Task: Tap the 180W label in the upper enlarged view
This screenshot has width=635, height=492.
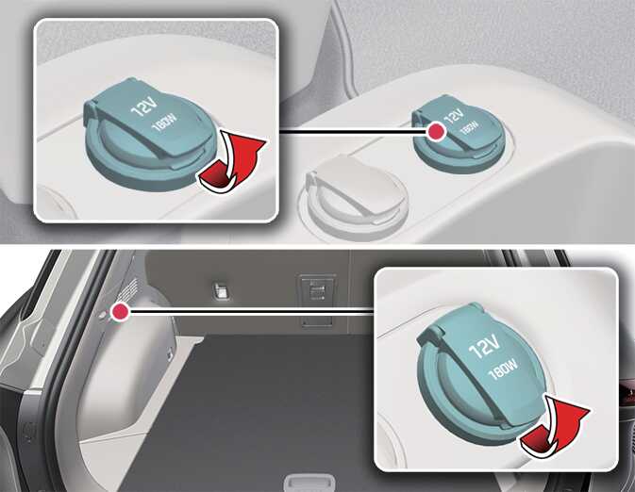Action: pos(166,122)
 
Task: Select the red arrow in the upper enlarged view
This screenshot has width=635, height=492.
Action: pos(232,163)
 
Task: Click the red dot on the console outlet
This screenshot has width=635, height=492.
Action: pos(436,132)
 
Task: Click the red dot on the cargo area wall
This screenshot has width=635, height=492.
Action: pos(120,312)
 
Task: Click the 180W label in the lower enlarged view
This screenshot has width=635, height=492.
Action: pos(504,369)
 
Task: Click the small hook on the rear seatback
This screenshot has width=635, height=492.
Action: pos(222,290)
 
